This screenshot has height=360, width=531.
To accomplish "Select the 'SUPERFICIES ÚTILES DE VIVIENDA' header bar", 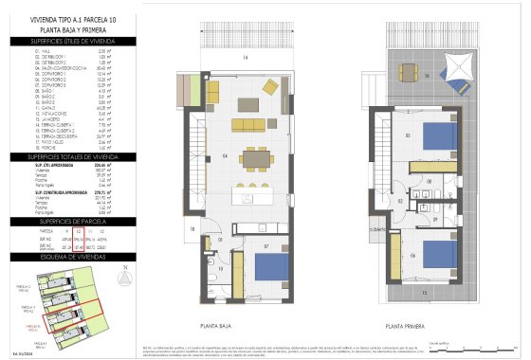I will (x=71, y=42).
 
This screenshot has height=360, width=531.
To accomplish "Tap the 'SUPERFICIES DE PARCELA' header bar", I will (x=71, y=220).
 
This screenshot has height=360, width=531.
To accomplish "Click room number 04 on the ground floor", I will (x=225, y=155).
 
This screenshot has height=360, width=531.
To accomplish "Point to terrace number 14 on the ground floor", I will (x=244, y=59).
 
